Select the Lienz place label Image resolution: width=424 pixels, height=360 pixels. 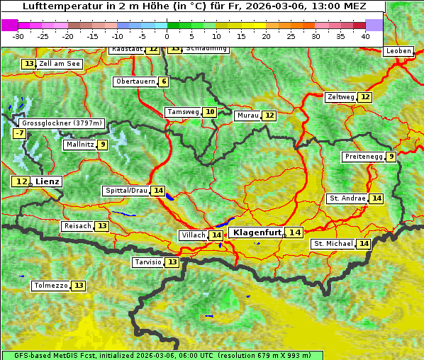coord(48,181)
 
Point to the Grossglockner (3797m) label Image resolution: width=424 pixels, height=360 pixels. coord(62,123)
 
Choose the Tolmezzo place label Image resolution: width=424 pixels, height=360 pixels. coord(50,286)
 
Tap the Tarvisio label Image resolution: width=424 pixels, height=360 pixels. coord(148,262)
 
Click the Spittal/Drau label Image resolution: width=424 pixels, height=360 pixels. coord(126,191)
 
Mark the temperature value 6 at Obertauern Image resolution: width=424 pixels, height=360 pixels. coord(164,81)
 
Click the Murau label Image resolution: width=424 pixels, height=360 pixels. coord(247,116)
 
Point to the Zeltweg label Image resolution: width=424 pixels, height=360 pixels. coord(340,97)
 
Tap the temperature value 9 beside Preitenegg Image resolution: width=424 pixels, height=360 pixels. coord(391,157)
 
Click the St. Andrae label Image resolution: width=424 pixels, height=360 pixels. coord(347,198)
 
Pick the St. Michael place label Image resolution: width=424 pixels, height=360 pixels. coord(333,244)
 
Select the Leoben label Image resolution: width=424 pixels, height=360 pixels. coord(398,51)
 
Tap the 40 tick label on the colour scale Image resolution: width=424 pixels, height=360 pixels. coord(365,35)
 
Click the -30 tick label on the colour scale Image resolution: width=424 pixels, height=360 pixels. coord(18,35)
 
